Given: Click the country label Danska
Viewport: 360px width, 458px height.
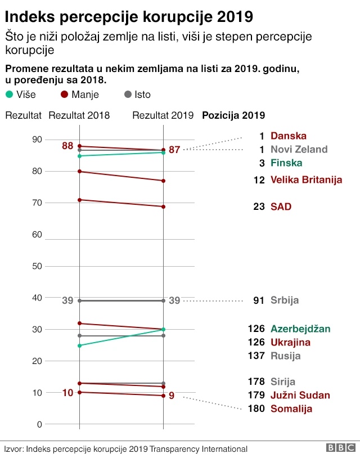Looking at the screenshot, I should [x=288, y=136].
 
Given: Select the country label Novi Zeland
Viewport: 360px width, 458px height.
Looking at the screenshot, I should [x=299, y=149].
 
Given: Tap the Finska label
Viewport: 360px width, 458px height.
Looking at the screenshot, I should [x=286, y=163].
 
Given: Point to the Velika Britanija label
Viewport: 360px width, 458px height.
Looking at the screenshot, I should [x=306, y=179].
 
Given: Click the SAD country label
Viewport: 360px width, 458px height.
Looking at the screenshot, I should [x=281, y=206].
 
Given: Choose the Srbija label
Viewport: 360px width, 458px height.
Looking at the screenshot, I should [x=285, y=300].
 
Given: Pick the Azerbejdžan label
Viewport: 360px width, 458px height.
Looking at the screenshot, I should [x=300, y=329].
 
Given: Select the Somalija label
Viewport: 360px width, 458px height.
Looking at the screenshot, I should [x=291, y=408].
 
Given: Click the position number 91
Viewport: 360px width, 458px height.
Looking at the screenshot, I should [x=259, y=300].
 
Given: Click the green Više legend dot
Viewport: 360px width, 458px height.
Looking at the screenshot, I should [x=8, y=95].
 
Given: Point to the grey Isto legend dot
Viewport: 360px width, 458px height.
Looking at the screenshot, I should [x=127, y=95].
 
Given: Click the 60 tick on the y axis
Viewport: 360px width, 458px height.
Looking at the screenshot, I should [x=37, y=234].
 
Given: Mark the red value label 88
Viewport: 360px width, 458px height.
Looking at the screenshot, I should [x=67, y=146].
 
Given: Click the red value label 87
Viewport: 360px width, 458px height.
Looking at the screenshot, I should [x=174, y=150].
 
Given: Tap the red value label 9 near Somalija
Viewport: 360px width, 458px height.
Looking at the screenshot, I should [x=172, y=396].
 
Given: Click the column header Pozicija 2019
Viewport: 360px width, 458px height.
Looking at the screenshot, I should [x=233, y=115].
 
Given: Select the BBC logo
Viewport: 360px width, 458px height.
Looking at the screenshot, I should [x=341, y=448].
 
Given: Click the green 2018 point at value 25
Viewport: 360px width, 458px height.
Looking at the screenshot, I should [x=79, y=345].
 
